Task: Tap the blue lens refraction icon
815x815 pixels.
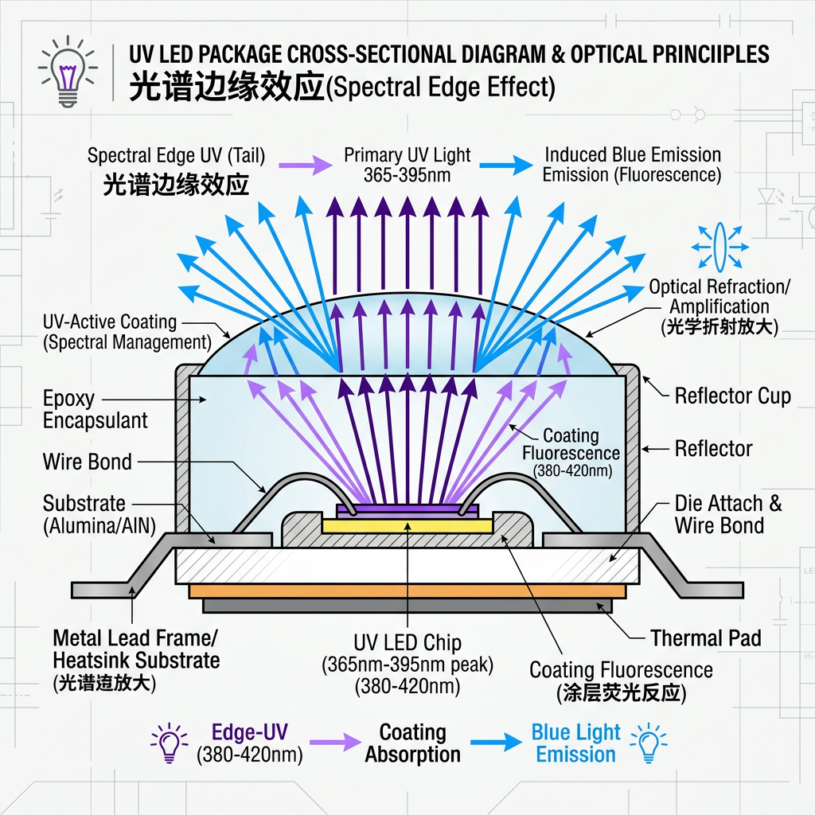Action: click(719, 246)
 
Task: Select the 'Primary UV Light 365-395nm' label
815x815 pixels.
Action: click(407, 165)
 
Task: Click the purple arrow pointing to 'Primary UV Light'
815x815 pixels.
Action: click(306, 165)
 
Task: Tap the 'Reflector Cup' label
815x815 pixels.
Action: click(732, 396)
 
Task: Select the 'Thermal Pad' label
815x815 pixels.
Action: click(705, 638)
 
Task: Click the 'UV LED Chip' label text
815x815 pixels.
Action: click(407, 642)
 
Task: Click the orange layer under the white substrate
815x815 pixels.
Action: click(407, 591)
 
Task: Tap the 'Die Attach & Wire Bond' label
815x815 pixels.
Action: click(728, 513)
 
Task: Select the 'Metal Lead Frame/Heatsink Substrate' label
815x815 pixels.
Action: click(135, 649)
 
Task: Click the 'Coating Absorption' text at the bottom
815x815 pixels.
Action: click(412, 743)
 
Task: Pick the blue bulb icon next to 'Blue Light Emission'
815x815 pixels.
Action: click(648, 743)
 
